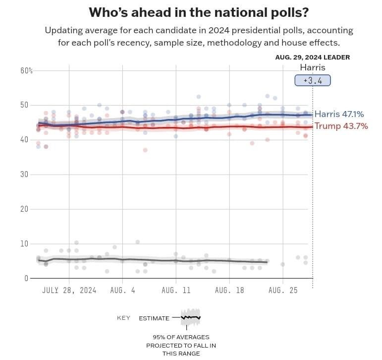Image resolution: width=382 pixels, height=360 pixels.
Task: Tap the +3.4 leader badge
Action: (x=312, y=80)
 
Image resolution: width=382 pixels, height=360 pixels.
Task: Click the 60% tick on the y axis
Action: (x=26, y=70)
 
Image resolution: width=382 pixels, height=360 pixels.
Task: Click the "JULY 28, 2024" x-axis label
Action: (x=69, y=290)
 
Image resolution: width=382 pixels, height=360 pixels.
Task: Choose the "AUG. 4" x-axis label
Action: (x=122, y=290)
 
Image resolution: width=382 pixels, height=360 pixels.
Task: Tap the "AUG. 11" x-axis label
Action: (x=176, y=290)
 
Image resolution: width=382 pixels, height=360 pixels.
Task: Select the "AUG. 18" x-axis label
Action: (x=229, y=290)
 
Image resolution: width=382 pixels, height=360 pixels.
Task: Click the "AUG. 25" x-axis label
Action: (x=283, y=290)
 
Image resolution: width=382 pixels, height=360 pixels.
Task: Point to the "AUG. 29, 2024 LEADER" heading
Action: (x=312, y=58)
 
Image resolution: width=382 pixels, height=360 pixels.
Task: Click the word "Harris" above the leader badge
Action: (x=313, y=67)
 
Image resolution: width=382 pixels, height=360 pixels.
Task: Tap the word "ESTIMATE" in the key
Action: (x=154, y=318)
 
